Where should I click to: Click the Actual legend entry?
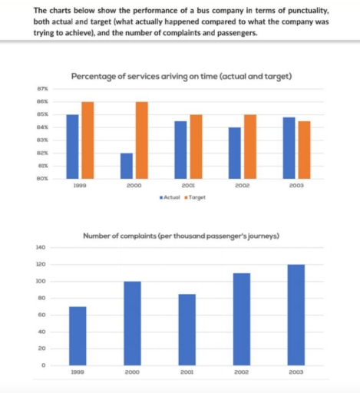pyautogui.click(x=170, y=197)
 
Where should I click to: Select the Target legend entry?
pyautogui.click(x=197, y=197)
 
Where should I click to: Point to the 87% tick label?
pyautogui.click(x=42, y=90)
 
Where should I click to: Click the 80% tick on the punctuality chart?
pyautogui.click(x=42, y=178)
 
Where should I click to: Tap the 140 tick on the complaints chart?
pyautogui.click(x=40, y=247)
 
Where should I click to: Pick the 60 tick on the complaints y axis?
pyautogui.click(x=41, y=315)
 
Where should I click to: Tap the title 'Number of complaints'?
pyautogui.click(x=180, y=236)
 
